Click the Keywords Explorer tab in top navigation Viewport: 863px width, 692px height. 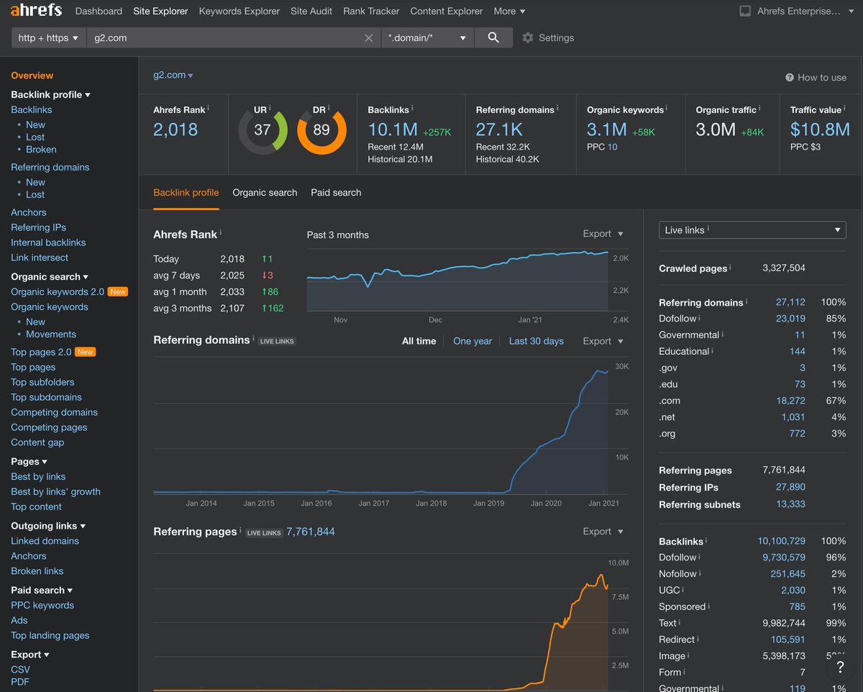pyautogui.click(x=239, y=11)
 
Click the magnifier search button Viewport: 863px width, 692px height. pyautogui.click(x=493, y=37)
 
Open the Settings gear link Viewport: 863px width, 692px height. pyautogui.click(x=548, y=37)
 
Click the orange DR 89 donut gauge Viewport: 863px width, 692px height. pyautogui.click(x=321, y=130)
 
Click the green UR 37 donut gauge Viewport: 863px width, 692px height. pyautogui.click(x=262, y=130)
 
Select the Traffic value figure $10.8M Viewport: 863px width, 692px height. pyautogui.click(x=820, y=129)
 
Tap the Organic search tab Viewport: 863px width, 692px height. pyautogui.click(x=265, y=193)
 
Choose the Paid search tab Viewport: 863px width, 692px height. pyautogui.click(x=336, y=193)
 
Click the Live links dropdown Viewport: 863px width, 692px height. pyautogui.click(x=752, y=230)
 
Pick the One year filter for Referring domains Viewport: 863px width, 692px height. pyautogui.click(x=472, y=341)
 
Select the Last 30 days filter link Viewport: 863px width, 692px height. pyautogui.click(x=536, y=341)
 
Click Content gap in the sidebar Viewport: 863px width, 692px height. pyautogui.click(x=37, y=442)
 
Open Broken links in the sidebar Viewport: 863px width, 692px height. pyautogui.click(x=37, y=571)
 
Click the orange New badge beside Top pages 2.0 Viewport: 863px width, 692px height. pyautogui.click(x=86, y=352)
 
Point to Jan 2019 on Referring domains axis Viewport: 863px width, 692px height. pyautogui.click(x=488, y=504)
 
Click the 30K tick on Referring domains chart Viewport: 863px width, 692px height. pyautogui.click(x=622, y=367)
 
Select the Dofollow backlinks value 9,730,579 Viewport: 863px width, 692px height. pyautogui.click(x=781, y=557)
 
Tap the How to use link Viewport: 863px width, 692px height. pyautogui.click(x=816, y=78)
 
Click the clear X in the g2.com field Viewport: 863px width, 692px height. pyautogui.click(x=368, y=38)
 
